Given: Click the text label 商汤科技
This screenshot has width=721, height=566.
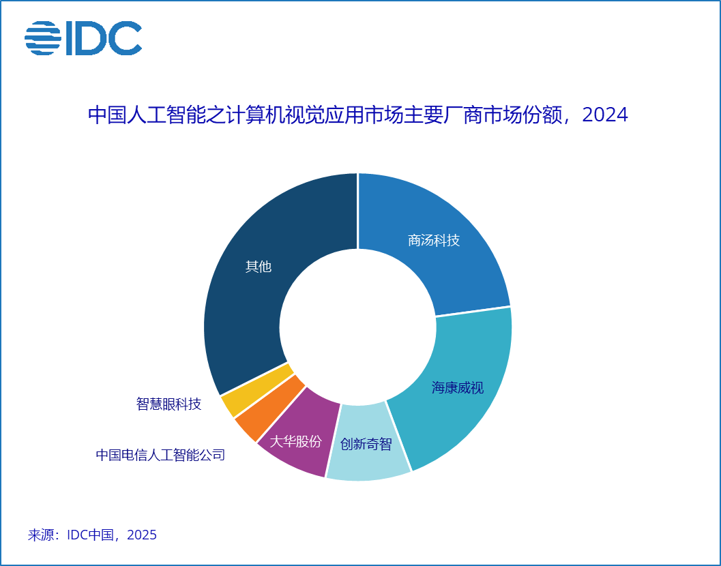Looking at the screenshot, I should click(x=434, y=241).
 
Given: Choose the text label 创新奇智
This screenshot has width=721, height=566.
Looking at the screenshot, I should click(x=366, y=445).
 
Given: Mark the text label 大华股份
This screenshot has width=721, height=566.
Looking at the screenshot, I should click(x=295, y=441).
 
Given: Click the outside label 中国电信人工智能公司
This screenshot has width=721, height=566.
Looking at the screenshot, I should click(x=160, y=455).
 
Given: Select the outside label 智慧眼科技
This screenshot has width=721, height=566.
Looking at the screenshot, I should click(x=169, y=404).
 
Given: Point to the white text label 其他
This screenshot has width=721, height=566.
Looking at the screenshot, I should click(x=259, y=267).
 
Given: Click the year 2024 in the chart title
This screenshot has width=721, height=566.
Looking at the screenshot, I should click(x=605, y=115).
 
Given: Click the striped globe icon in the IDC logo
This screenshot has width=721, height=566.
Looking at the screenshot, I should click(x=43, y=38).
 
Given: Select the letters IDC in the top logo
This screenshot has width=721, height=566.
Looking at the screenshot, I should click(x=103, y=38).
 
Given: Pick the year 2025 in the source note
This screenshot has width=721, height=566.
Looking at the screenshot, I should click(x=142, y=535).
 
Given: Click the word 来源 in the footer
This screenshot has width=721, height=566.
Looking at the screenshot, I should click(x=41, y=535).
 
